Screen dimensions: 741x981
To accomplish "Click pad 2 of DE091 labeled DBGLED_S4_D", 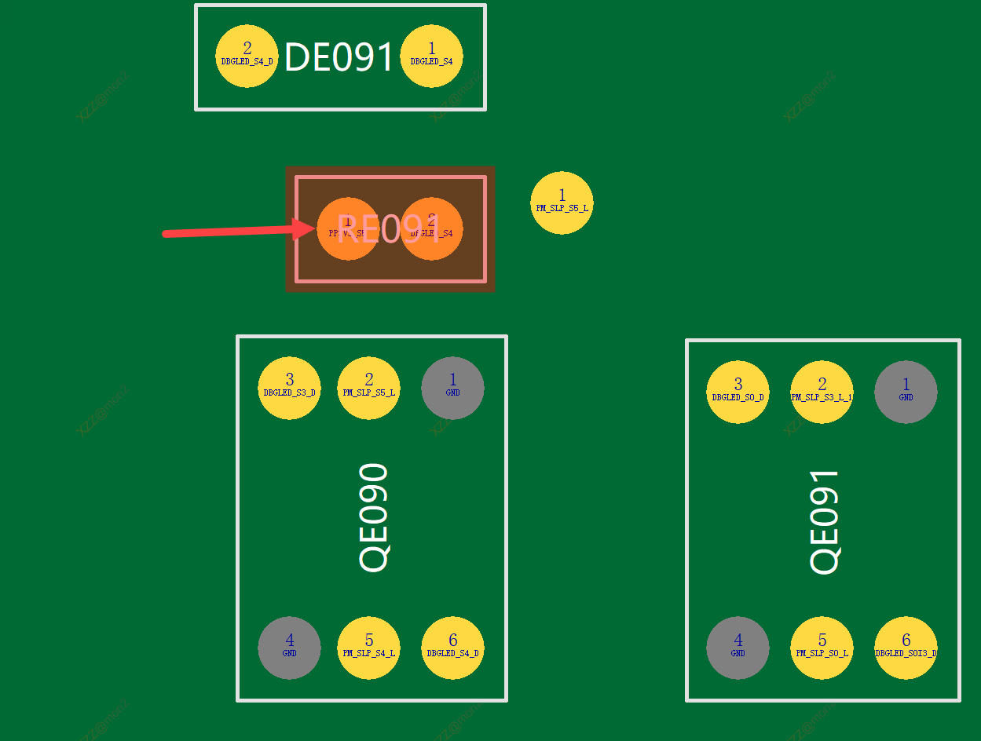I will point(247,57).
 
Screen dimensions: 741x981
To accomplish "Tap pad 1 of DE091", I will point(431,57).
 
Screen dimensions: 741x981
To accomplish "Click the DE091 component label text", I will point(339,57).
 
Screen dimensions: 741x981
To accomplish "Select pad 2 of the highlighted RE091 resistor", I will point(431,228).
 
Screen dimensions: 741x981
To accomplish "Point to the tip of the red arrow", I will point(314,228).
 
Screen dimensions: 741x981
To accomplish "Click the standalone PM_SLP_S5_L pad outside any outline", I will point(562,203).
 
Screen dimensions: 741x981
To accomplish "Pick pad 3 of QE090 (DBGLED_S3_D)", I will point(289,388).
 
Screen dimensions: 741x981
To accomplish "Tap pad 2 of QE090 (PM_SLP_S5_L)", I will point(368,388).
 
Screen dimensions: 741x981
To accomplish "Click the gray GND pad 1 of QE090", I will point(452,388).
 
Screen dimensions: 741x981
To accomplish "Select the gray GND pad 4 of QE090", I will point(289,648).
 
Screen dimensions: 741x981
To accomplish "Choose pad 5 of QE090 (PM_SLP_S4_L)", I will point(368,648).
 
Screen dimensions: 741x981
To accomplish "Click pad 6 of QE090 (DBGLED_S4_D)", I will point(452,648).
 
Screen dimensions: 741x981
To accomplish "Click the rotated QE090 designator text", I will point(374,517).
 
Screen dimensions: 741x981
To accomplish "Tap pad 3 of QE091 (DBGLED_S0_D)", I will point(738,392).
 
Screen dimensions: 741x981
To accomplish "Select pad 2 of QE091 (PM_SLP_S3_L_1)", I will point(822,392).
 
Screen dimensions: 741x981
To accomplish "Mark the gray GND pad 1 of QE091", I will point(906,392).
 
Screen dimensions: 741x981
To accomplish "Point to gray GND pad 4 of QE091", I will point(738,648).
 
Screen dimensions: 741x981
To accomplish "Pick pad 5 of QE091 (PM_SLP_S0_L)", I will point(822,648).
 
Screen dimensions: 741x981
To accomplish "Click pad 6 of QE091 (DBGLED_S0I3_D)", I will point(906,648).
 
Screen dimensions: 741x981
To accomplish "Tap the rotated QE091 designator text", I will point(825,522).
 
